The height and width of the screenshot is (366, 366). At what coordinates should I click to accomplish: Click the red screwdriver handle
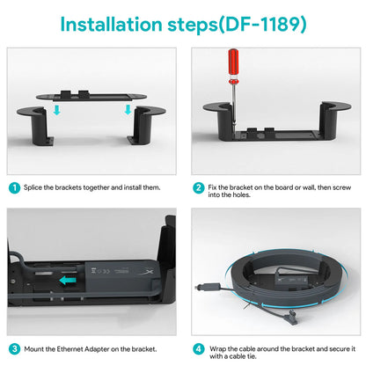(233, 62)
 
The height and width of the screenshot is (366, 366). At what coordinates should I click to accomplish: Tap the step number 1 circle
(14, 187)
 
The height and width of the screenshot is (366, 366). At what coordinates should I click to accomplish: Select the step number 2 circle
(199, 187)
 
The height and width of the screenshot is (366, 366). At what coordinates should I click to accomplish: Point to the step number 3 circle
(14, 349)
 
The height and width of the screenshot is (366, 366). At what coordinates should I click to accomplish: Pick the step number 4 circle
(199, 349)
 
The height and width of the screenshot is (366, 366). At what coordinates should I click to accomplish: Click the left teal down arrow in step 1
(57, 110)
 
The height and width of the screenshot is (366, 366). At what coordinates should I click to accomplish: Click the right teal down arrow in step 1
(128, 110)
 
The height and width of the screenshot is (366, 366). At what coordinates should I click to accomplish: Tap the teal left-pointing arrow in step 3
(68, 281)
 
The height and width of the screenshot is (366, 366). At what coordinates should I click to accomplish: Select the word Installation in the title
(111, 24)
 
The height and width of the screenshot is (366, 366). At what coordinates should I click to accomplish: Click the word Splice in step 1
(33, 187)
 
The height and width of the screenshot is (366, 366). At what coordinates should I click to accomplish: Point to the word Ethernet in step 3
(70, 349)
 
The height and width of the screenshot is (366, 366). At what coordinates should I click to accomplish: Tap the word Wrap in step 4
(217, 349)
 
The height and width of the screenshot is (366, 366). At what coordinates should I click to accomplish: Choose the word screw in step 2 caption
(342, 187)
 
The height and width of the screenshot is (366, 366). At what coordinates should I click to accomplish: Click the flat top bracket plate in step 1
(91, 97)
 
